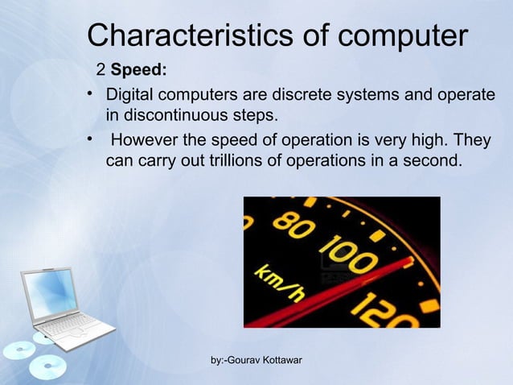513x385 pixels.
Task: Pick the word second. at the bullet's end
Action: pos(436,161)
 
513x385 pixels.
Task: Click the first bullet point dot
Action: pos(92,95)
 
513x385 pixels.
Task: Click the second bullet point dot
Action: pos(92,139)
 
